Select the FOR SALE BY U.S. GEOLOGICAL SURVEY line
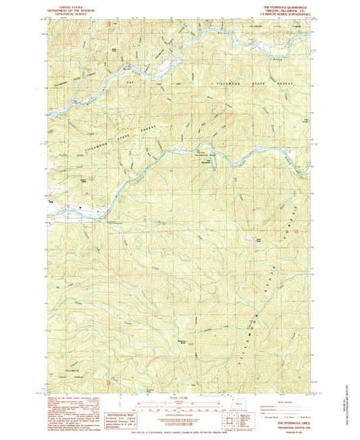pos(179,424)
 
